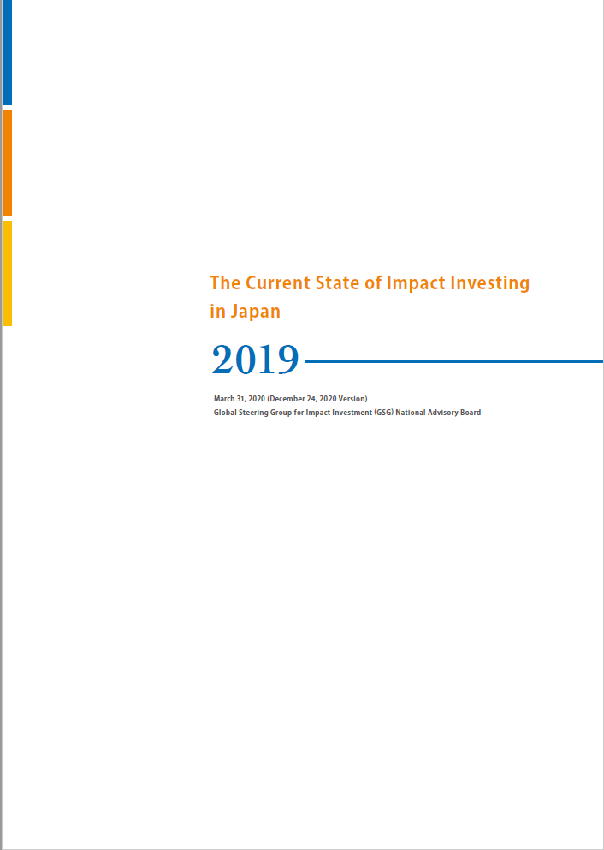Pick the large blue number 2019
point(256,360)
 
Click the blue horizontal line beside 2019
point(453,361)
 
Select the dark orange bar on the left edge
point(7,163)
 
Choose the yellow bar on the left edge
point(7,272)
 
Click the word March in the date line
point(225,399)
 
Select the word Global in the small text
point(226,413)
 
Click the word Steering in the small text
point(260,413)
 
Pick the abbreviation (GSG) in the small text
point(377,413)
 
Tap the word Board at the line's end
point(471,413)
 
